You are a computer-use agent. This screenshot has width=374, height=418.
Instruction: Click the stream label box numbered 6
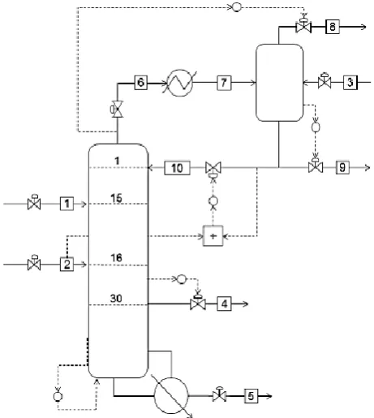[141, 83]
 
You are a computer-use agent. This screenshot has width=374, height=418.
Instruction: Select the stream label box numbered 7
[224, 83]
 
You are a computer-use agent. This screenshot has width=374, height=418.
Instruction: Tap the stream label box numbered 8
[333, 27]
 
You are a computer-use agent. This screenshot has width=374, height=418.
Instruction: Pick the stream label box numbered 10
[177, 168]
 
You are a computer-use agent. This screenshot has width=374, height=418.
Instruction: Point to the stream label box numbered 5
[251, 396]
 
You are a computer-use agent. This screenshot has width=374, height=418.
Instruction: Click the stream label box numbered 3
[350, 82]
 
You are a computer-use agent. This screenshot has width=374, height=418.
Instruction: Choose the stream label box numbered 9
[342, 167]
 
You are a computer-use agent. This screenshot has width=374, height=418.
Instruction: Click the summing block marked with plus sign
[213, 236]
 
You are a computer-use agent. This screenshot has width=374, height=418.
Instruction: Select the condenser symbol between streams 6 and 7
[180, 83]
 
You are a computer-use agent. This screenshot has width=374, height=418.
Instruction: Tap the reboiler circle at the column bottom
[171, 395]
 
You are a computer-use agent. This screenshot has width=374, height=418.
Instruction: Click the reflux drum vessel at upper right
[279, 83]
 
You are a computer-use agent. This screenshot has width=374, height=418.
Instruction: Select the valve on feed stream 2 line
[34, 263]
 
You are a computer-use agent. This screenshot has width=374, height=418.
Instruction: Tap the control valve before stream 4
[198, 303]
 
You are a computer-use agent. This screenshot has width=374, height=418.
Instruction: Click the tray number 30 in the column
[116, 299]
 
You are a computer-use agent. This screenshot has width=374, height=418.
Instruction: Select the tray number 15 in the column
[116, 198]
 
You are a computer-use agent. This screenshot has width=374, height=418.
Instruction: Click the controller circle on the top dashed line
[237, 7]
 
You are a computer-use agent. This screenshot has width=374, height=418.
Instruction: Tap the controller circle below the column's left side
[58, 397]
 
